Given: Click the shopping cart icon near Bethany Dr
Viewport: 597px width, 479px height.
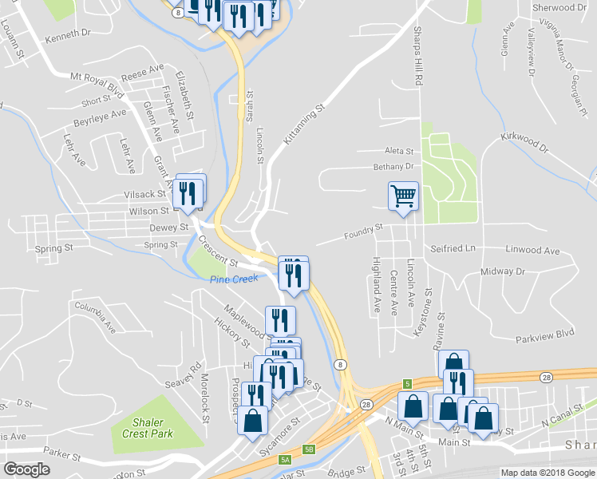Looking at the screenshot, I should [x=404, y=195].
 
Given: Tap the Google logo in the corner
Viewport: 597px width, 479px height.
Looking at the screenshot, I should [x=27, y=469].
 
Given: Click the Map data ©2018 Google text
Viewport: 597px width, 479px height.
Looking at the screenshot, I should [x=547, y=473].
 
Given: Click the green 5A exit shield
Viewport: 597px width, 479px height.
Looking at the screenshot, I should [x=284, y=460].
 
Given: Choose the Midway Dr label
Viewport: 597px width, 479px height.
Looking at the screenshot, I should [x=503, y=271].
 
